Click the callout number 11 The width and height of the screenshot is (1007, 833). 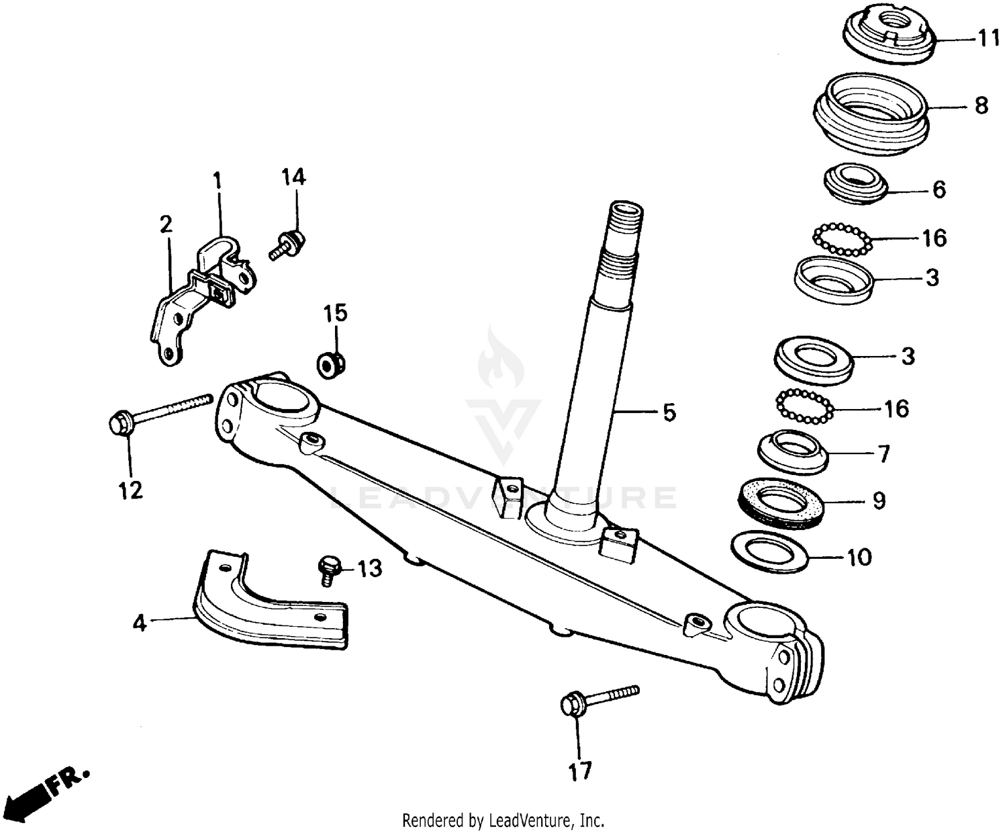[988, 39]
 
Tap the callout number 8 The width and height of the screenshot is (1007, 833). [981, 106]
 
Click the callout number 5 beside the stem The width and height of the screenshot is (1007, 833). [669, 412]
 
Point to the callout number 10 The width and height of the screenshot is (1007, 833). [860, 557]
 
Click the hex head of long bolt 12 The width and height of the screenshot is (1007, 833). [121, 425]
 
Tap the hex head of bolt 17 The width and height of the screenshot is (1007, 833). [573, 705]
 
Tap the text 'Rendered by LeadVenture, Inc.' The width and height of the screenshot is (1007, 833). [503, 820]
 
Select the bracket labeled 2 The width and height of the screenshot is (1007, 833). [168, 322]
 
